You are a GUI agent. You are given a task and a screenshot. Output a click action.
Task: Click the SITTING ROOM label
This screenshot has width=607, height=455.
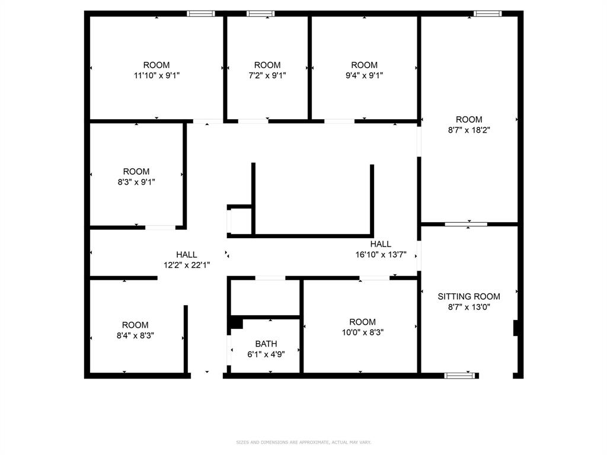pyautogui.click(x=468, y=296)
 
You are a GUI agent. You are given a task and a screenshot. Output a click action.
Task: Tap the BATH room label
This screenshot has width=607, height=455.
pyautogui.click(x=266, y=344)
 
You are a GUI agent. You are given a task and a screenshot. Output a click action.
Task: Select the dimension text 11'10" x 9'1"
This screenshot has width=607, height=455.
pyautogui.click(x=156, y=75)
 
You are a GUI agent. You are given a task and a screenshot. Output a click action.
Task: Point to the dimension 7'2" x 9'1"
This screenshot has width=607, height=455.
pyautogui.click(x=267, y=75)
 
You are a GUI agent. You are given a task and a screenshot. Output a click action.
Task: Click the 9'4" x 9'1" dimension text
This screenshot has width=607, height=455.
pyautogui.click(x=364, y=75)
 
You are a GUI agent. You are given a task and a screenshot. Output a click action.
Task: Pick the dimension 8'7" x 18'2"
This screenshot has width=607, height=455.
pyautogui.click(x=469, y=130)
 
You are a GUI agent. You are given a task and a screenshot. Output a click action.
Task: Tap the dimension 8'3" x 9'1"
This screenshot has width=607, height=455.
pyautogui.click(x=136, y=182)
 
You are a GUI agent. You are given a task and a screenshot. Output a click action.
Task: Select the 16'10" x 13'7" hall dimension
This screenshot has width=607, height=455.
pyautogui.click(x=381, y=255)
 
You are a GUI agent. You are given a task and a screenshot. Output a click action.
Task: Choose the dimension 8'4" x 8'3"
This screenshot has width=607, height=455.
pyautogui.click(x=136, y=335)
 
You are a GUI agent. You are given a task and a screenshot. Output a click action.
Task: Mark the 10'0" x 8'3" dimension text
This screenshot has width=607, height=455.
pyautogui.click(x=362, y=332)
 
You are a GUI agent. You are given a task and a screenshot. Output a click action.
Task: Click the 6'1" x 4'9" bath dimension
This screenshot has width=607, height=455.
pyautogui.click(x=266, y=354)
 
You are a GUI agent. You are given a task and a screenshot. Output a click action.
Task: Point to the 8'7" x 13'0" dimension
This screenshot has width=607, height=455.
pyautogui.click(x=468, y=307)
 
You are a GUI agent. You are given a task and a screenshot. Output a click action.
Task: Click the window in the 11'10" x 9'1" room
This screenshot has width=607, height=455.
pyautogui.click(x=200, y=14)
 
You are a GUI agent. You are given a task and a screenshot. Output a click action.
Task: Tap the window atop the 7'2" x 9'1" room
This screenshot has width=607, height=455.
pyautogui.click(x=260, y=14)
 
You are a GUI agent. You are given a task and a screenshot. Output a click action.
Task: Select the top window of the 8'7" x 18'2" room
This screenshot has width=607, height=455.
pyautogui.click(x=487, y=14)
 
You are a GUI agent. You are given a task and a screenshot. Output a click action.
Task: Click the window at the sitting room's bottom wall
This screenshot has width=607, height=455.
pyautogui.click(x=461, y=375)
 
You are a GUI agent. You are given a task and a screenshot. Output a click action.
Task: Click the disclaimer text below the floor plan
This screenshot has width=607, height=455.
pyautogui.click(x=303, y=442)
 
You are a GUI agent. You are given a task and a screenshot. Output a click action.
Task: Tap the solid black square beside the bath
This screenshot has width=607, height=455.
pyautogui.click(x=236, y=323)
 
